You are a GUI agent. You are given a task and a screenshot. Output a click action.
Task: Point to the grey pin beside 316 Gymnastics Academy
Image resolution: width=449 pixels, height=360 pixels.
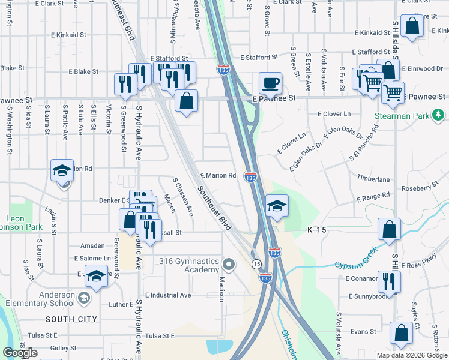(228, 263)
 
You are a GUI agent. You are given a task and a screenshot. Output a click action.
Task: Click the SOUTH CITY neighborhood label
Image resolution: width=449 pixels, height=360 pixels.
(68, 318)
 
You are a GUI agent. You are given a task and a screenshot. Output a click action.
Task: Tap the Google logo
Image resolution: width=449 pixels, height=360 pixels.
(20, 353)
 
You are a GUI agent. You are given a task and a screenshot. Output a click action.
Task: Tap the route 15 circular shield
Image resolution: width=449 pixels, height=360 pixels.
(256, 264)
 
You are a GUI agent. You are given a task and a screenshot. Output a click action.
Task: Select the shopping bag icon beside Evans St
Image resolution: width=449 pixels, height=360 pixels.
(400, 333)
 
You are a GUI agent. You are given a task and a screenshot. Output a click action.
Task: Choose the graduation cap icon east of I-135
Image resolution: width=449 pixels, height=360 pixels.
(276, 206)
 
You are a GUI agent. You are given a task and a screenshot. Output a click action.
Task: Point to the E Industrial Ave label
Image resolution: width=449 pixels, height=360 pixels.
(163, 295)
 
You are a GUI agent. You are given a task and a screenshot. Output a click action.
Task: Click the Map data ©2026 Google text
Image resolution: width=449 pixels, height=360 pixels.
(411, 355)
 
